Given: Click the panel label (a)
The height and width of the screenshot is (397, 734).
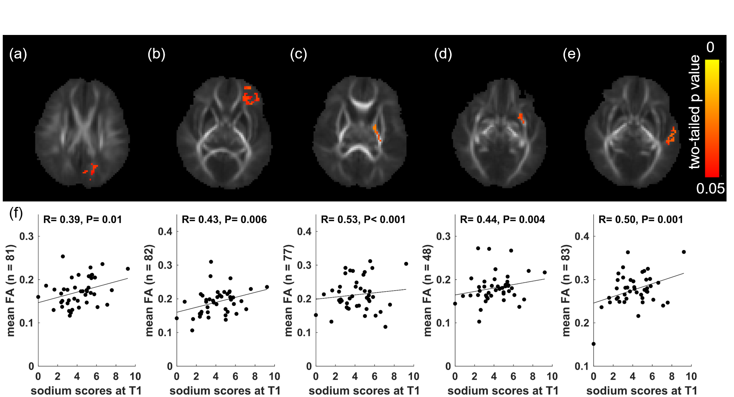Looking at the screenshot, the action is tap(18, 54).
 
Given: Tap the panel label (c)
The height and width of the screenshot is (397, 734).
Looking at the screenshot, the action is tap(298, 54).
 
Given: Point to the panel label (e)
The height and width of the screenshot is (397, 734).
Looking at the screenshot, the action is tap(571, 54).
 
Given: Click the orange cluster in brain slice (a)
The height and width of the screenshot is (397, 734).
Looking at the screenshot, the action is tap(92, 171).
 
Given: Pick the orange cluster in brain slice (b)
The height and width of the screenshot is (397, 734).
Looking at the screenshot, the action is tap(250, 96).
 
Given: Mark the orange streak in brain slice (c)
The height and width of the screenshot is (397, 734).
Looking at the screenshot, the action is tap(377, 133).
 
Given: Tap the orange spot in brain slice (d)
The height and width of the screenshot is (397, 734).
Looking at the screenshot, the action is tap(521, 118).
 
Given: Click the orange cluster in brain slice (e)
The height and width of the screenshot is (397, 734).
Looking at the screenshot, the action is tap(671, 136).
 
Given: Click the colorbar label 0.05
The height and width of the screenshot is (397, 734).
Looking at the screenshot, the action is tap(710, 189).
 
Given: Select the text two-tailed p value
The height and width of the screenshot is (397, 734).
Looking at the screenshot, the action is tap(695, 112).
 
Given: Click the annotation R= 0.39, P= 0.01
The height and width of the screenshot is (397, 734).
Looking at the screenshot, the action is tap(83, 220).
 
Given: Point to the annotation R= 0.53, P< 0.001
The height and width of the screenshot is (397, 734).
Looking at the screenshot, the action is tap(363, 220).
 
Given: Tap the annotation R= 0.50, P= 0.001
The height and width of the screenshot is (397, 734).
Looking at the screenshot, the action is tap(641, 220).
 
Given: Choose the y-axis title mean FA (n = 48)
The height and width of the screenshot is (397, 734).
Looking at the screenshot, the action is tap(428, 290).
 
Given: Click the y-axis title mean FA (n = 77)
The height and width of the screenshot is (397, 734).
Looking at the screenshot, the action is tap(289, 290).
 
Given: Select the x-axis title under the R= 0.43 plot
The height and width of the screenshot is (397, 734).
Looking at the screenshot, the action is tap(225, 391).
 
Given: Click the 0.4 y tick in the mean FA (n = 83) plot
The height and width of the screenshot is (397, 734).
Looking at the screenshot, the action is tap(582, 236).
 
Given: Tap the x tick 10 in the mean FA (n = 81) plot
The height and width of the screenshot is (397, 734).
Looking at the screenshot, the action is tap(135, 377).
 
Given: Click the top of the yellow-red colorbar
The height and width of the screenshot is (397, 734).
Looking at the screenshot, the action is tap(712, 60).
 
